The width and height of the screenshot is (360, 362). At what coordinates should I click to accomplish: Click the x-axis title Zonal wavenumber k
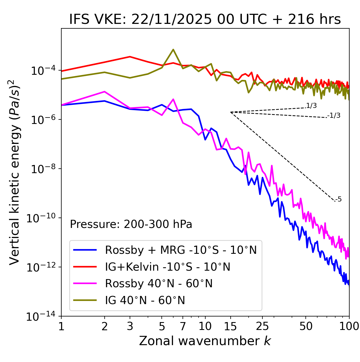click(x=205, y=341)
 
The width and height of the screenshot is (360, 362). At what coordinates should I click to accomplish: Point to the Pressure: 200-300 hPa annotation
click(x=131, y=224)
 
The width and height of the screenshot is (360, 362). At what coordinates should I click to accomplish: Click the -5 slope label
click(x=338, y=199)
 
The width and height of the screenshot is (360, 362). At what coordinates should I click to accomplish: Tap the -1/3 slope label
click(x=334, y=116)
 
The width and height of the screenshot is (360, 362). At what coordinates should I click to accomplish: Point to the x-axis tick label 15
click(x=230, y=326)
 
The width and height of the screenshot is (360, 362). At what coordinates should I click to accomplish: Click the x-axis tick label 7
click(x=183, y=326)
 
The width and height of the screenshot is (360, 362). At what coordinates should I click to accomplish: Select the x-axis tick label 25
click(x=262, y=326)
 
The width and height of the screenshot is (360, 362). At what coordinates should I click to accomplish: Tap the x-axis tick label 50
click(x=306, y=326)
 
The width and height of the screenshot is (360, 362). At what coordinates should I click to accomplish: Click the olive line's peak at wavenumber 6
click(x=173, y=49)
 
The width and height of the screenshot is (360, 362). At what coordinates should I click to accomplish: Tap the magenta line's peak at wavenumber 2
click(x=105, y=92)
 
